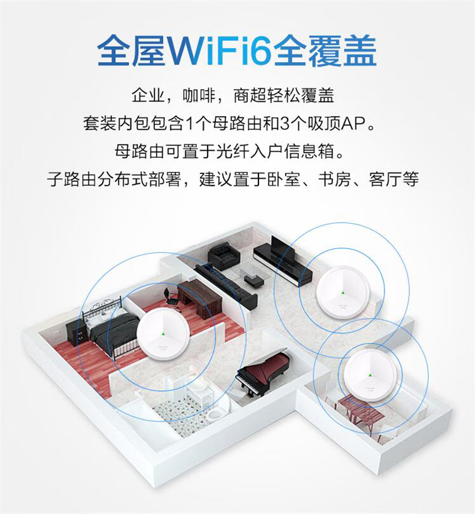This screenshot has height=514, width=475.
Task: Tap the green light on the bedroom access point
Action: pos(163,334)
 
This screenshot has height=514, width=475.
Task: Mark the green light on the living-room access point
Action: pos(343,292)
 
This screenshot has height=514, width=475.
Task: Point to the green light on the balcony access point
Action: pos(370,375)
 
